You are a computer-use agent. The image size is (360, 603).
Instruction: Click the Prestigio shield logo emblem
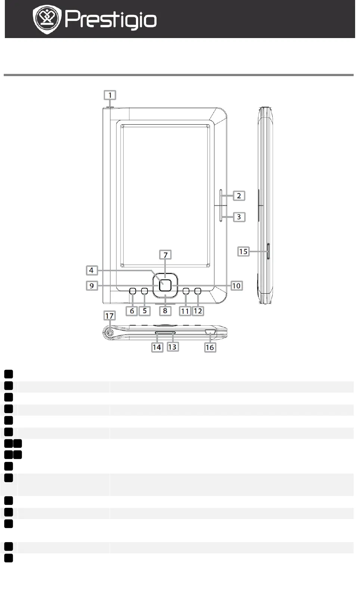pos(47,19)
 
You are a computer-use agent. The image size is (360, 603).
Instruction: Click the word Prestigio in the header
pos(111,20)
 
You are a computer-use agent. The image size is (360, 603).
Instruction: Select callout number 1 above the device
pos(110,95)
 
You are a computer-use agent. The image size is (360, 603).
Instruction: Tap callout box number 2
pos(239,196)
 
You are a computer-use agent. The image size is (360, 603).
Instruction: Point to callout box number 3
pos(239,217)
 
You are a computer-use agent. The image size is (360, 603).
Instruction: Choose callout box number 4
pos(91,270)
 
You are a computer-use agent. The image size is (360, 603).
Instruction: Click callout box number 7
pos(165,254)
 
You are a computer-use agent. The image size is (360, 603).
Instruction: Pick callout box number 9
pos(91,285)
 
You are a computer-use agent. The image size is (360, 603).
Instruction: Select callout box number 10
pos(237,285)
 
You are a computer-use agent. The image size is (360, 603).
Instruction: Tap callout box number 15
pos(243,251)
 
